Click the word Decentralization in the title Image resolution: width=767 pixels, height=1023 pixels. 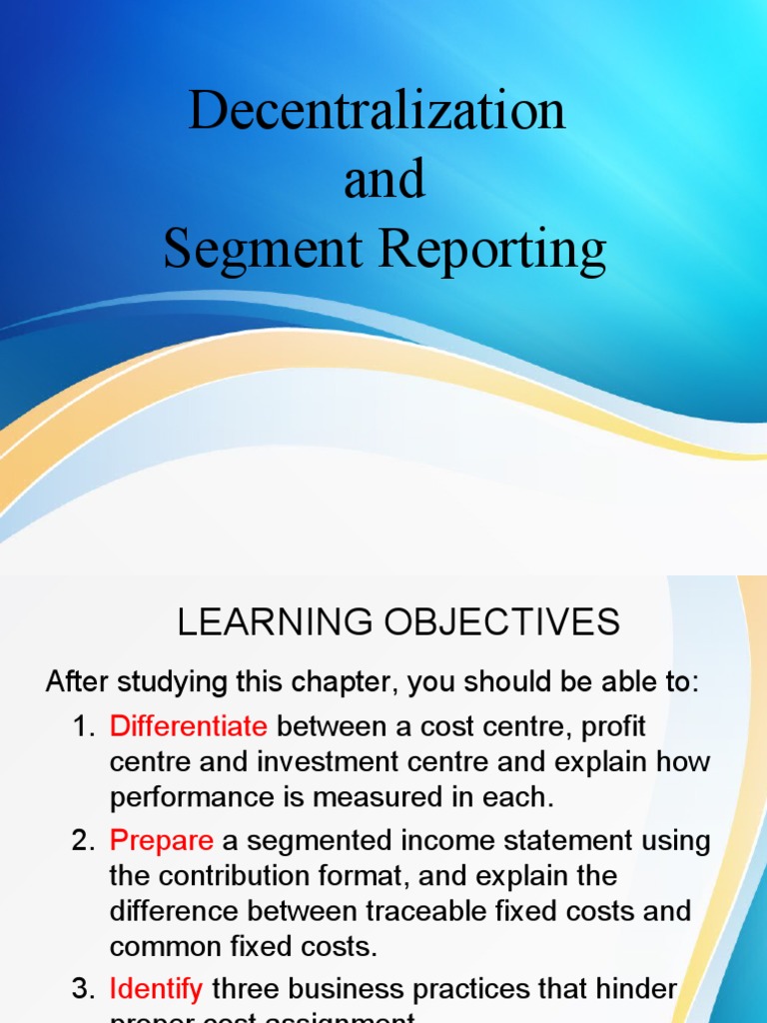(378, 110)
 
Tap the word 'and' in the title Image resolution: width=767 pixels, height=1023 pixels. (384, 180)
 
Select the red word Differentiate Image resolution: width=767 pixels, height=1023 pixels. (189, 726)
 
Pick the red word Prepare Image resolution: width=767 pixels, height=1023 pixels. (162, 840)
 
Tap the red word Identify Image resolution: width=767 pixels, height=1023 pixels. (157, 990)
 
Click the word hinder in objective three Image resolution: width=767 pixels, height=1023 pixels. (637, 990)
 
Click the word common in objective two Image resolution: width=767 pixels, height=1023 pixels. (166, 946)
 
